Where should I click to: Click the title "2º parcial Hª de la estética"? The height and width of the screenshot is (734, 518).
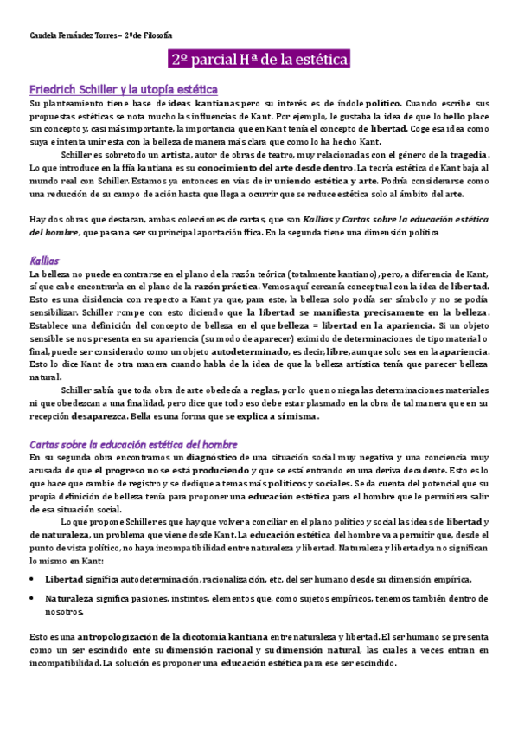pos(259,60)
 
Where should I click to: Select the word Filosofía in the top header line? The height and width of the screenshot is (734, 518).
pos(156,35)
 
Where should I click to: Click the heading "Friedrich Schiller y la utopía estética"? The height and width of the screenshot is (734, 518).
pos(123,89)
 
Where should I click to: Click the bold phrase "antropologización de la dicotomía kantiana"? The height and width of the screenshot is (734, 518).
pos(153,637)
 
